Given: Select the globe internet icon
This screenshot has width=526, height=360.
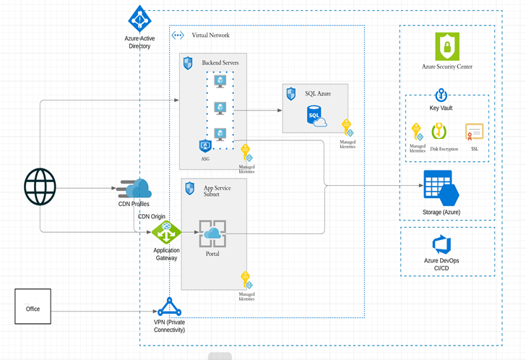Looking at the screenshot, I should [40, 188].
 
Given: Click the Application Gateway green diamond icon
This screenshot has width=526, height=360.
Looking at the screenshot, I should [166, 233].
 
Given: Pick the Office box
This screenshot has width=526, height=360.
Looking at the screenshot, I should [33, 307].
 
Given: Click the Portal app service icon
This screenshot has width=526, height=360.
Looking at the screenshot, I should [212, 233].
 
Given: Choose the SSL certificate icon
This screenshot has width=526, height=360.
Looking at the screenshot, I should [474, 132].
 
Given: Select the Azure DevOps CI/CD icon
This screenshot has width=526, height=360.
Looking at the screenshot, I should [441, 244].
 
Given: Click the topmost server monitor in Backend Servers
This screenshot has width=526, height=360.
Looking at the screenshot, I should [220, 82].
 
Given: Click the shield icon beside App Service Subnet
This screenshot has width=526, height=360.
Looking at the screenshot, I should [190, 188].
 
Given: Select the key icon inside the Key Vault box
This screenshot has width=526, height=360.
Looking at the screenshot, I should [416, 131].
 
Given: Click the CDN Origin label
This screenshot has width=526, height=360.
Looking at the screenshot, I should [152, 216].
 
